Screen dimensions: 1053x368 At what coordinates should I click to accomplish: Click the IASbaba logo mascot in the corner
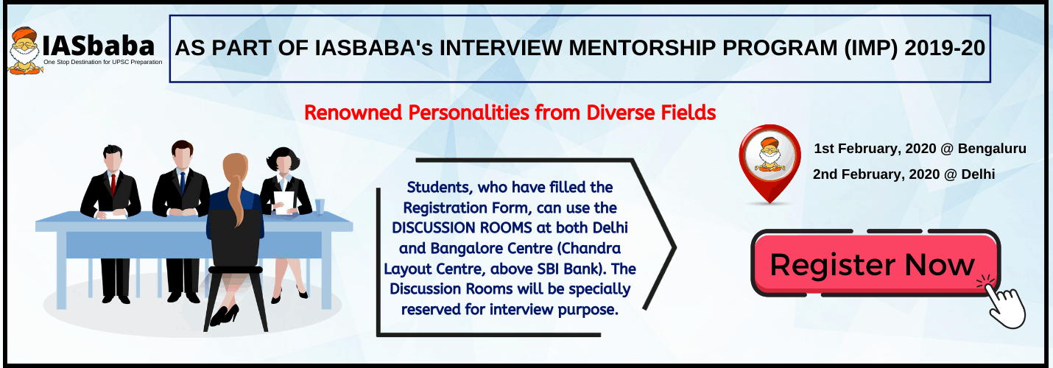click(25, 51)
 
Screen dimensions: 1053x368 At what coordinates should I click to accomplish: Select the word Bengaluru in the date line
click(992, 149)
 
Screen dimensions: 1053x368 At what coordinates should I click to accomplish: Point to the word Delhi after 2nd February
click(978, 174)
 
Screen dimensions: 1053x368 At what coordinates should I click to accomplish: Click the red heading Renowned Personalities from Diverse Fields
click(510, 113)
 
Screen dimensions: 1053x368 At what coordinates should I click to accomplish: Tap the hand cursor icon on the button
click(1002, 302)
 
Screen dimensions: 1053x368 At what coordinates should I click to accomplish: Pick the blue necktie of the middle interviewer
click(183, 183)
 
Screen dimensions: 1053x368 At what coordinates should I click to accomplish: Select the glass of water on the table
click(320, 207)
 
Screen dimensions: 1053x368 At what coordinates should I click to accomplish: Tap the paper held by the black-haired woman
click(284, 202)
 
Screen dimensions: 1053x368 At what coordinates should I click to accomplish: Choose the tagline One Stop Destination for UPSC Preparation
click(103, 62)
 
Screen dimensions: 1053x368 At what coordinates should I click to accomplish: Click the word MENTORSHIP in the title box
click(642, 49)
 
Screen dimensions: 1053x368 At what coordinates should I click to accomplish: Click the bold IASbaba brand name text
click(98, 46)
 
